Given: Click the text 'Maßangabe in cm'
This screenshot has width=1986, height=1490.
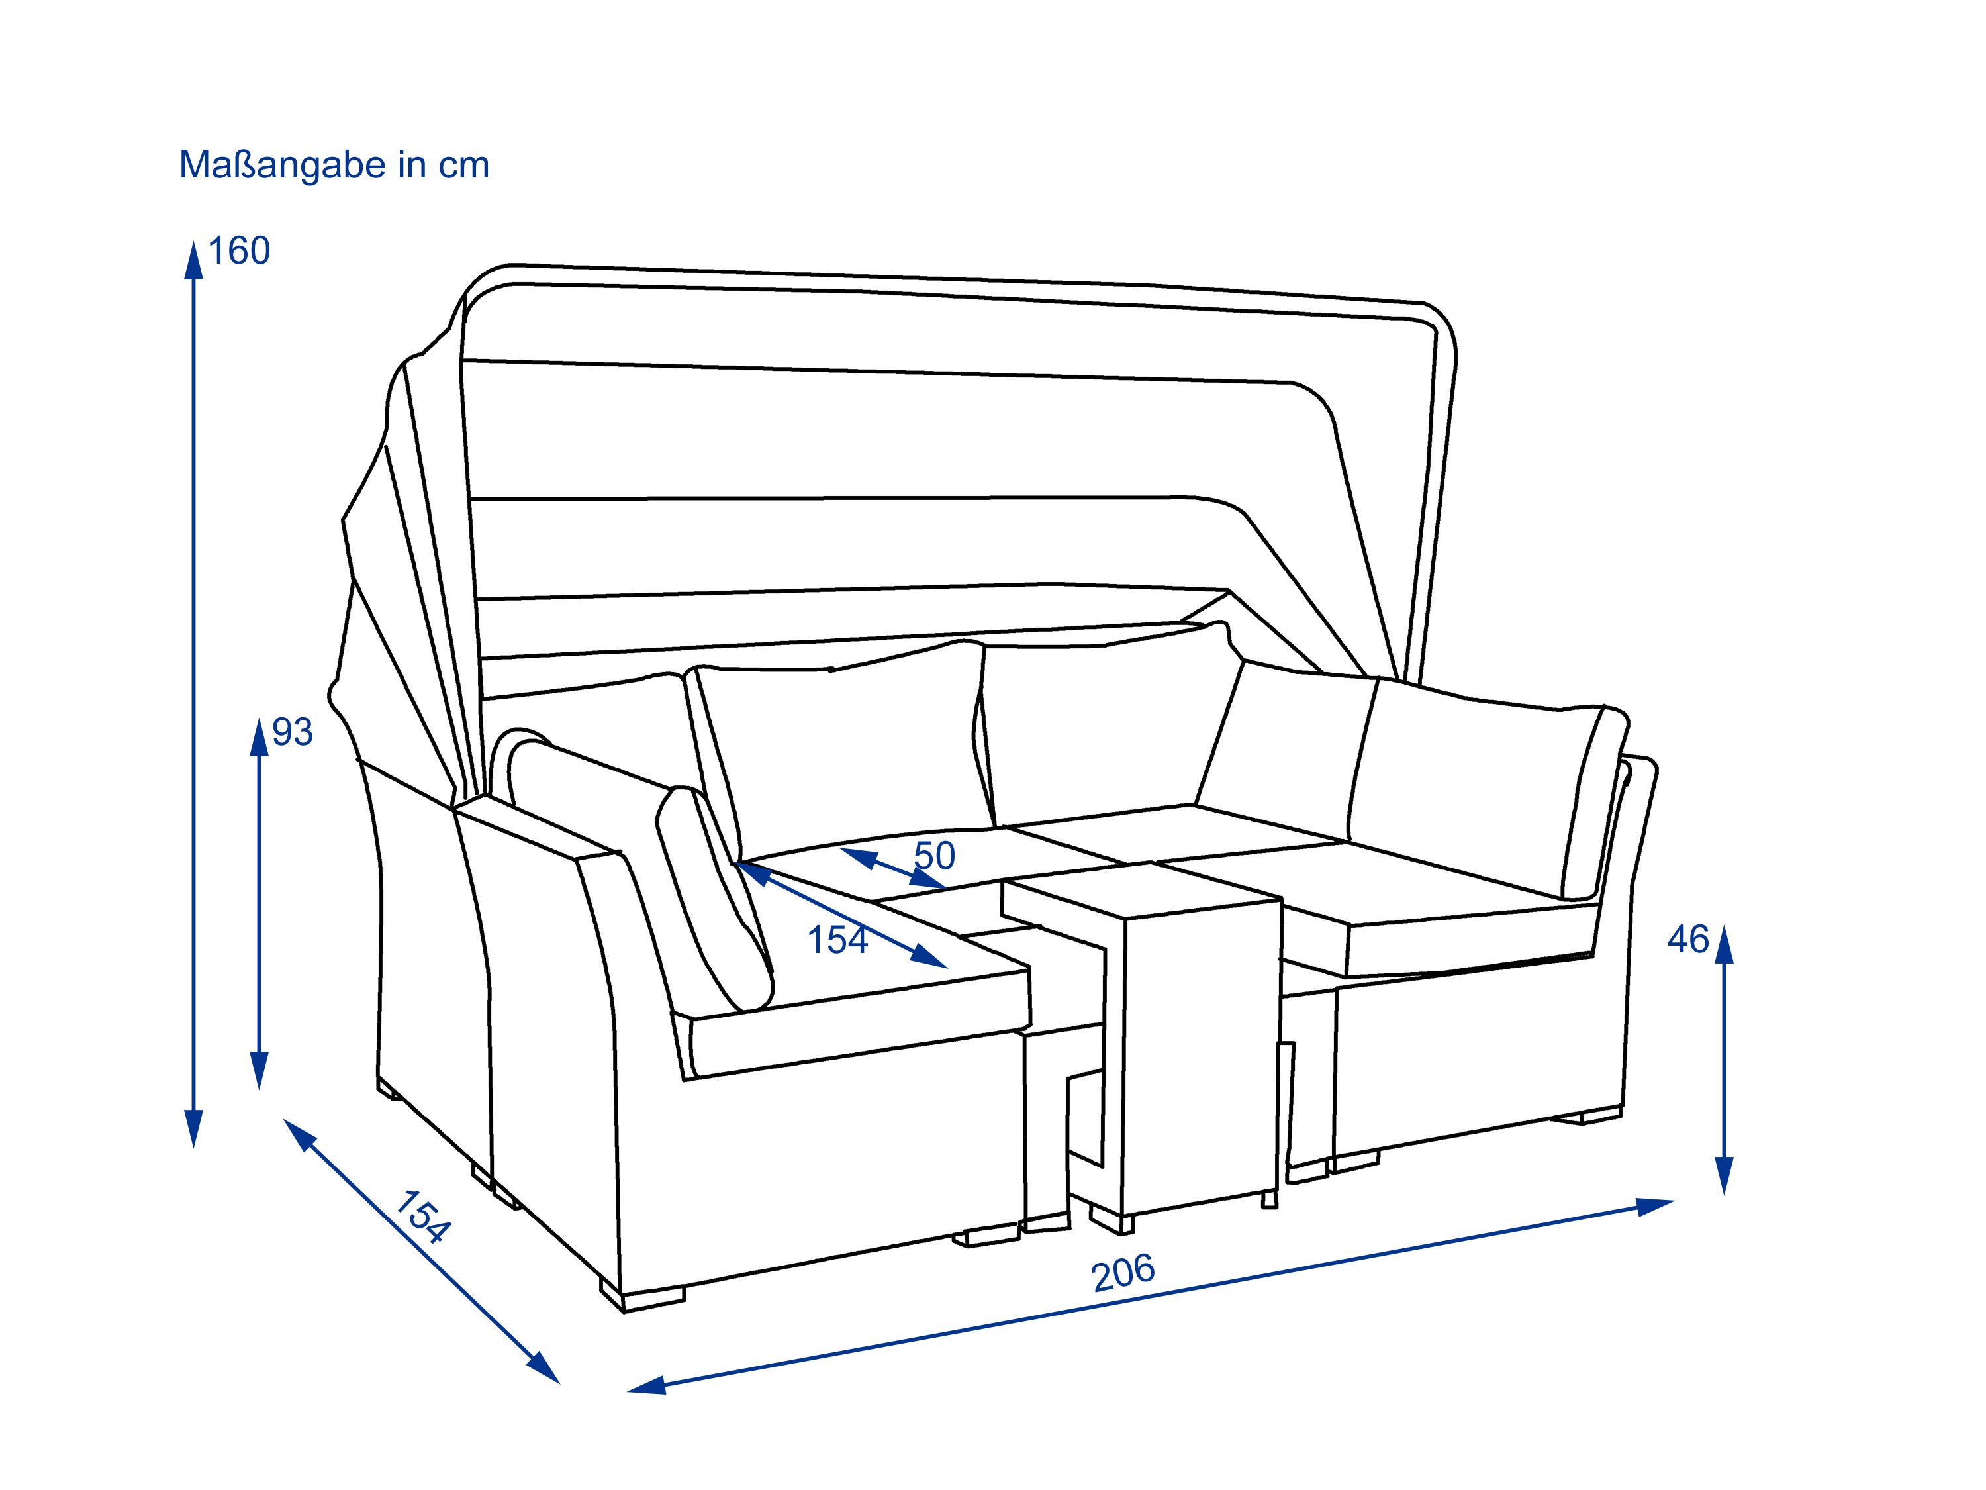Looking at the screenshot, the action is [334, 166].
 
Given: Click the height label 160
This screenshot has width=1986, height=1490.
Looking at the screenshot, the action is [239, 250].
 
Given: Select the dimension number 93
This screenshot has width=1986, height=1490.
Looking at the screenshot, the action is [292, 732].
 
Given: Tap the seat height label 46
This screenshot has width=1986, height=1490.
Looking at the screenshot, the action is [1688, 940].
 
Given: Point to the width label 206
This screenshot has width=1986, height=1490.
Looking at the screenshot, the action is [1123, 1273].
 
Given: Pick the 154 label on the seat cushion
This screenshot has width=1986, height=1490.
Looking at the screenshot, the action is [837, 940].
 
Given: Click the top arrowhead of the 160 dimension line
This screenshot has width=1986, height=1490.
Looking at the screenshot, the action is [193, 260].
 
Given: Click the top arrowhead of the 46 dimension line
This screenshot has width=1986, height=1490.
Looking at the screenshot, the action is [1724, 945].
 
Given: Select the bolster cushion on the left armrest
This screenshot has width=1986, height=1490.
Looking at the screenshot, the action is [716, 898].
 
